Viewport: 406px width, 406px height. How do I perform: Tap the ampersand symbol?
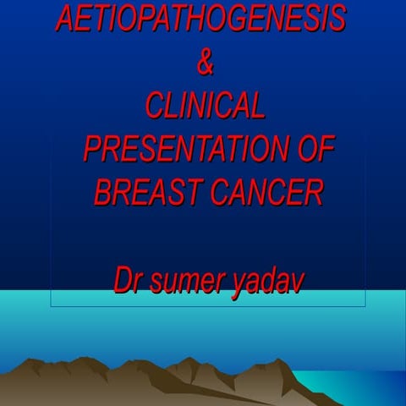pyautogui.click(x=203, y=63)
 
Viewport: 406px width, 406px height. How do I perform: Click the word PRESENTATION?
pyautogui.click(x=179, y=150)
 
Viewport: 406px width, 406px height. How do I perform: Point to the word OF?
pyautogui.click(x=307, y=150)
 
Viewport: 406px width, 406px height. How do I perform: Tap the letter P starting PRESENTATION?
pyautogui.click(x=92, y=150)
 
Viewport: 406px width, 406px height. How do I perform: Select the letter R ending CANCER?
pyautogui.click(x=315, y=192)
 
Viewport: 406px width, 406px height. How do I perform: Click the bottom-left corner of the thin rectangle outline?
pyautogui.click(x=51, y=307)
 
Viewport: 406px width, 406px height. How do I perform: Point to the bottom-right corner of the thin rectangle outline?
pyautogui.click(x=365, y=307)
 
